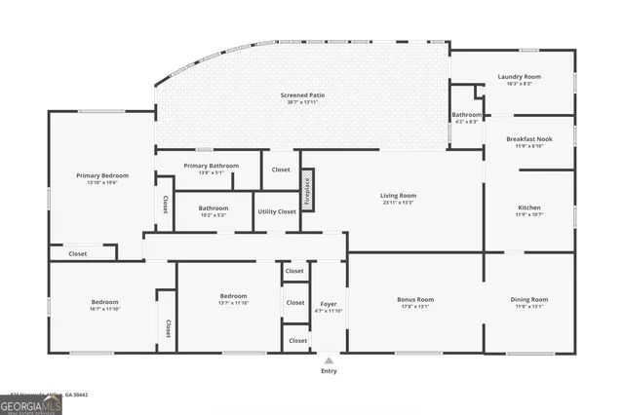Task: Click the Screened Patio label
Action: (302, 95)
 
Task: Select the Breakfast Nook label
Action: (529, 139)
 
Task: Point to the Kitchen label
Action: (529, 208)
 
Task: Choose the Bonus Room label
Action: (415, 300)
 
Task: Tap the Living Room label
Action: (398, 197)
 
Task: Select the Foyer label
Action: (329, 305)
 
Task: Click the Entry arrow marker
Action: (329, 359)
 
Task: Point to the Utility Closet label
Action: (277, 211)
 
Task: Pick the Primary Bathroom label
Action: (217, 167)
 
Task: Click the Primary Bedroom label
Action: (102, 176)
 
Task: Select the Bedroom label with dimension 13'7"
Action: (233, 296)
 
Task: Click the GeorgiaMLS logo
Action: (30, 404)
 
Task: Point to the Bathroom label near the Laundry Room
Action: (466, 115)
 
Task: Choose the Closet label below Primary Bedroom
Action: (77, 253)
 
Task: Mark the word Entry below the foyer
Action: (329, 371)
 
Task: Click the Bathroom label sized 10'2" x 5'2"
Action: (214, 208)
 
